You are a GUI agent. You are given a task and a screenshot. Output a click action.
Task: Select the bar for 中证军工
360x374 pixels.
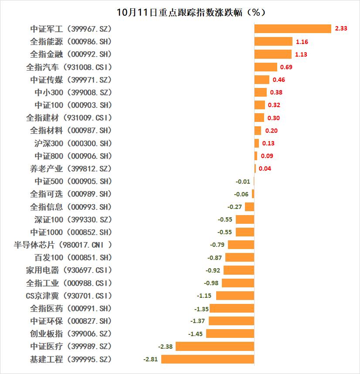click(292, 29)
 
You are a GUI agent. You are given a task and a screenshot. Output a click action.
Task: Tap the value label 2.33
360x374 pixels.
click(341, 29)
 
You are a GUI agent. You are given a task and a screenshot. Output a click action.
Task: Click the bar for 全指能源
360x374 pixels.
click(273, 41)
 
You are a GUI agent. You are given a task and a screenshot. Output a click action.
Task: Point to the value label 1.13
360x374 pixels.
click(301, 54)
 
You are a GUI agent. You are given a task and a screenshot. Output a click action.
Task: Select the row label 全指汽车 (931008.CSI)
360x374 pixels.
click(69, 67)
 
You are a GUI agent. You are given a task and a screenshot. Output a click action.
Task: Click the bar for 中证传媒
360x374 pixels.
click(262, 80)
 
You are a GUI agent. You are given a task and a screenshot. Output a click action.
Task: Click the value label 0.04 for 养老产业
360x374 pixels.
click(265, 168)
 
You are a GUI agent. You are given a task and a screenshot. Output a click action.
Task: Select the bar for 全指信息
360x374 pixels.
click(249, 207)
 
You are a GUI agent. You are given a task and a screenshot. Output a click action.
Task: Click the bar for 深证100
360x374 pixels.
click(245, 219)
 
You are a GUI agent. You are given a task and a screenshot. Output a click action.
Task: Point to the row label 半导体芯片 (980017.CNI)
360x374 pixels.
click(63, 245)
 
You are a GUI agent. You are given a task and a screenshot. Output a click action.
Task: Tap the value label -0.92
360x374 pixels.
click(213, 270)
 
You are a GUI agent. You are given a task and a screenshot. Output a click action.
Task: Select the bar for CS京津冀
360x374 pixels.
click(235, 296)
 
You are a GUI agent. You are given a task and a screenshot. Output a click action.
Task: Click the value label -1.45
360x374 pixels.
click(196, 334)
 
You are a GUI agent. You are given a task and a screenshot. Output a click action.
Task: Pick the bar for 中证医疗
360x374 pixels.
click(214, 347)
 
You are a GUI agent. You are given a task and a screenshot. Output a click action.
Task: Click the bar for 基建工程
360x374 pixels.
click(207, 359)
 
